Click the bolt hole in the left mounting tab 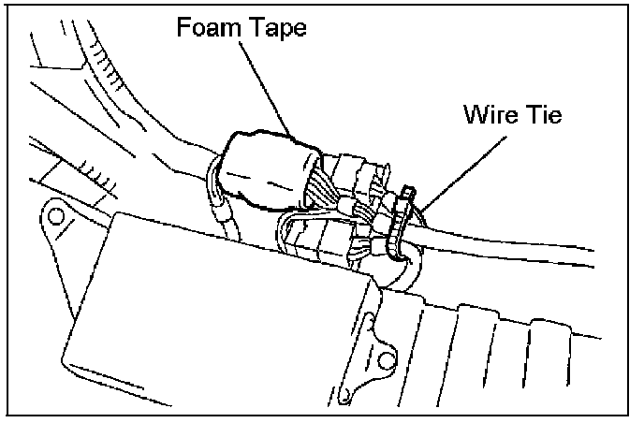55,217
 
